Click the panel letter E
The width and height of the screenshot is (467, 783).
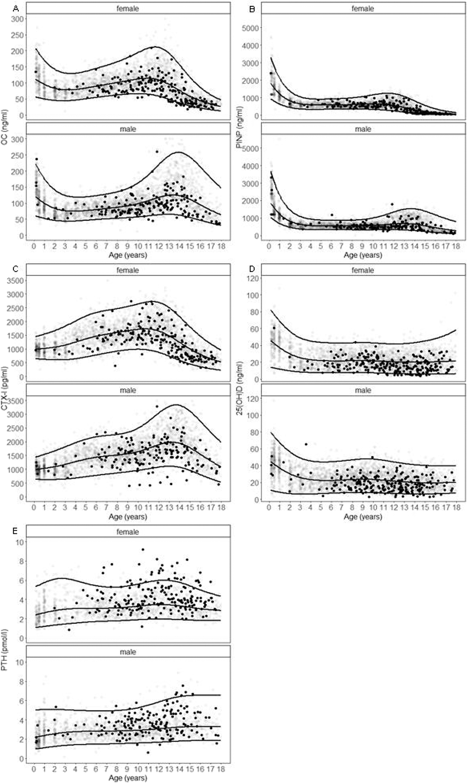tap(15, 531)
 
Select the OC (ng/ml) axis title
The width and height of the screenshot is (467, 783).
tap(4, 127)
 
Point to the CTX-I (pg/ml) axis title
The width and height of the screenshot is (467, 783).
tap(4, 389)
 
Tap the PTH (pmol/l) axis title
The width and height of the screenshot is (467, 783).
tap(4, 650)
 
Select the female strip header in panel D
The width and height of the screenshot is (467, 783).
tap(363, 270)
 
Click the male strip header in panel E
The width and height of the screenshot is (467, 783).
tap(128, 652)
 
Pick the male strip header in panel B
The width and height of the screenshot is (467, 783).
tap(363, 129)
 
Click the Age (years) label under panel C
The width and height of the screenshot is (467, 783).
tap(128, 517)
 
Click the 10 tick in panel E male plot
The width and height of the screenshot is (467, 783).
tap(20, 662)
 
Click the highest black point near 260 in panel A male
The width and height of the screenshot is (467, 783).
tap(157, 152)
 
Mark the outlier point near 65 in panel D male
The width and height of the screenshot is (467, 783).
tap(306, 444)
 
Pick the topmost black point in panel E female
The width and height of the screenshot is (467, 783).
tap(143, 550)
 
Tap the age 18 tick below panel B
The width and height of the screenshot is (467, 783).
tap(456, 246)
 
